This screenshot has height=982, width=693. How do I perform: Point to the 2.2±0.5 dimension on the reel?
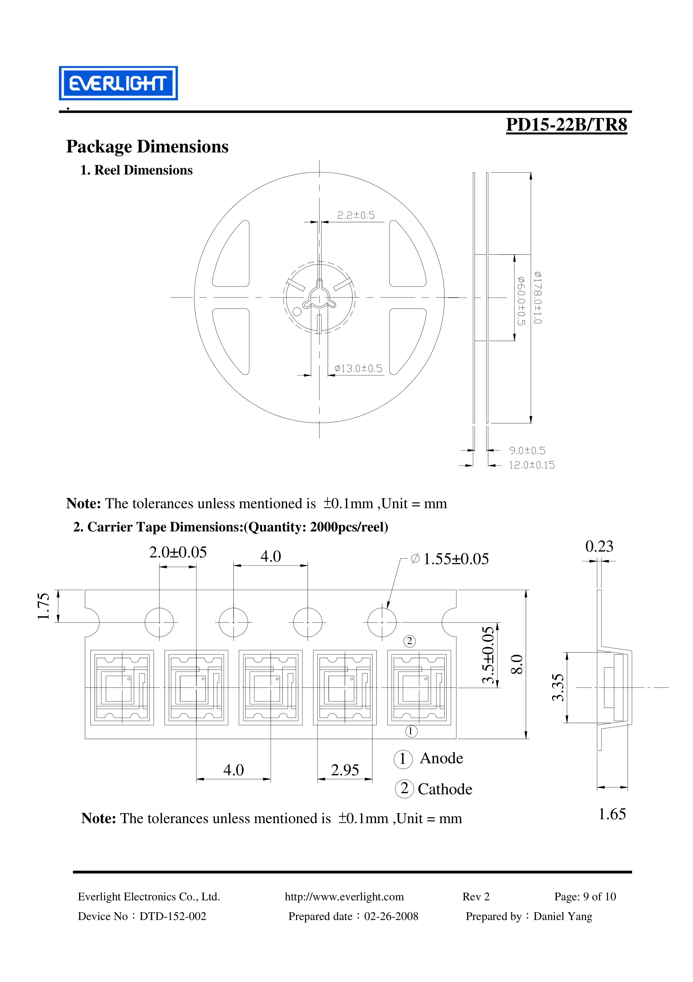click(356, 215)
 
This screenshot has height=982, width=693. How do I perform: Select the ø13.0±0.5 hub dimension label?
click(358, 368)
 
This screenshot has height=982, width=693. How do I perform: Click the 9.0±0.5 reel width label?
click(527, 450)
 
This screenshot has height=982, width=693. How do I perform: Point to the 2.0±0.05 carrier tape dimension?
click(178, 552)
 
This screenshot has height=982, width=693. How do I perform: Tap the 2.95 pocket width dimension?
click(345, 770)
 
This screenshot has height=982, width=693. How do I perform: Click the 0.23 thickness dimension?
click(599, 546)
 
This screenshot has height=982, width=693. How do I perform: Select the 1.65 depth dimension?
click(612, 814)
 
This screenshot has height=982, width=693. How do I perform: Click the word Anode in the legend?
click(441, 758)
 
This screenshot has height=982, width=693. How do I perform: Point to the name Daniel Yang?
click(562, 916)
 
